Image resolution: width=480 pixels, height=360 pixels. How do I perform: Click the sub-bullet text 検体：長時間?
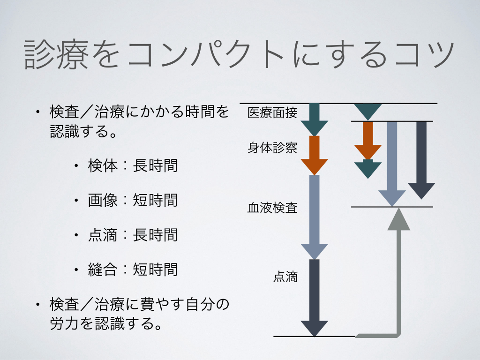coord(133,166)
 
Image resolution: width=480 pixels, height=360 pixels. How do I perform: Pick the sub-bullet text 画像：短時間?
coord(133,200)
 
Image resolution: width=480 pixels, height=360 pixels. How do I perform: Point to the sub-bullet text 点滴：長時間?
coord(133,234)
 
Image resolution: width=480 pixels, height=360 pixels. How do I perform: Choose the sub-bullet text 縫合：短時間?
coord(133,269)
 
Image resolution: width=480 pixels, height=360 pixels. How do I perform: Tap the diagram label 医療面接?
coord(272,113)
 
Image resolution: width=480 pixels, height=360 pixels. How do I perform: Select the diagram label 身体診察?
coord(272,148)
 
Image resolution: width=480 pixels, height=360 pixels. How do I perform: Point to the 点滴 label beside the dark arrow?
coord(285,277)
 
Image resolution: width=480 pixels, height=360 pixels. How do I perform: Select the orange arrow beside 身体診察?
coord(314,155)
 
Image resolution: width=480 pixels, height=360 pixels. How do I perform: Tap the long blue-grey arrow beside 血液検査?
coord(314,216)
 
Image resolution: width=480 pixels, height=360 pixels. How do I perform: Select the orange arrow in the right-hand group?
coord(368,141)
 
